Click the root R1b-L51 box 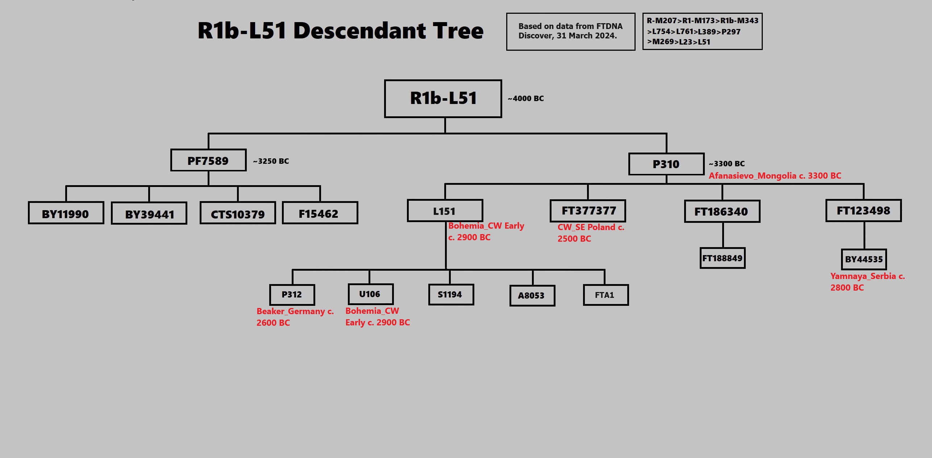pos(443,99)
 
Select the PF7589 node pos(208,160)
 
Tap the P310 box pos(666,164)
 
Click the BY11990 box pos(66,213)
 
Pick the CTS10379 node pos(238,214)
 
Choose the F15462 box pos(320,213)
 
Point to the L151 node pos(445,211)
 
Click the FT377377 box pos(588,211)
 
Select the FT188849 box pos(722,258)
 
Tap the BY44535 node pos(864,259)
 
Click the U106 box pos(370,294)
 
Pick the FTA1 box pos(606,295)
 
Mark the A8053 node pos(532,296)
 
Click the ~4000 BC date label pos(525,99)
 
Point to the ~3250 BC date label pos(271,161)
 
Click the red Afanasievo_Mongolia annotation pos(775,176)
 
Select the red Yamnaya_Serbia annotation pos(867,282)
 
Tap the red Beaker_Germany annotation pos(295,317)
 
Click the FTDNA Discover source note pos(570,31)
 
